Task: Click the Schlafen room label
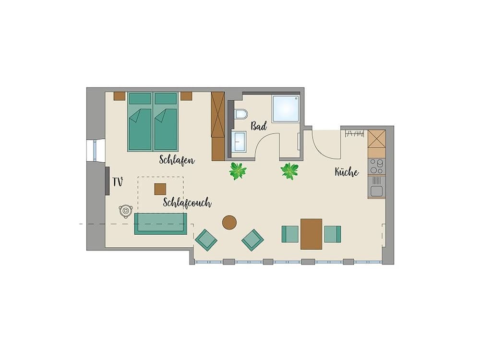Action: click(177, 160)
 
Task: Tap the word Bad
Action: click(259, 126)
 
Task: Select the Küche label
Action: click(347, 172)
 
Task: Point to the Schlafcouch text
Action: click(187, 203)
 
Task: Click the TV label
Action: click(118, 182)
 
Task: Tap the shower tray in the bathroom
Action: click(286, 108)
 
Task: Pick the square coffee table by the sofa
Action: click(160, 189)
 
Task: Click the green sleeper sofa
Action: click(160, 224)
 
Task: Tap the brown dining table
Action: click(311, 234)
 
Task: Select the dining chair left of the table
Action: click(290, 234)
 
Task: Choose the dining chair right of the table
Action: click(332, 234)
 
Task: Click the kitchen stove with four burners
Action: click(376, 166)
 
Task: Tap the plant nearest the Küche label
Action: click(289, 171)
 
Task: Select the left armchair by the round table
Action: click(206, 240)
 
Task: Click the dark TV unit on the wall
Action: click(107, 180)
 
